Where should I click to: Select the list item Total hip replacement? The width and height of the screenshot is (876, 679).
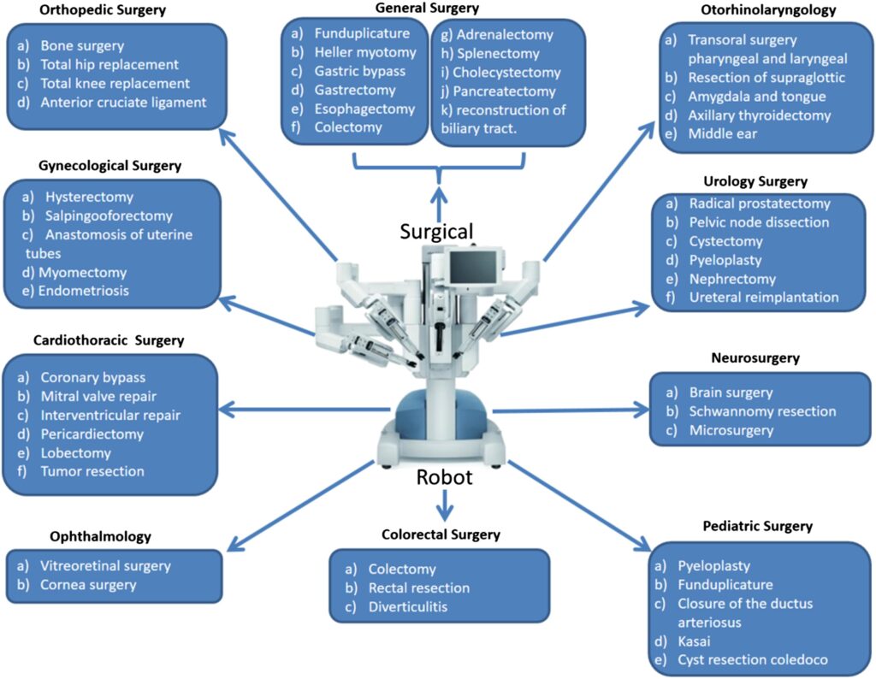[109, 65]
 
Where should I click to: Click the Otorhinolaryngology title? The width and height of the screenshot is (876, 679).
[767, 11]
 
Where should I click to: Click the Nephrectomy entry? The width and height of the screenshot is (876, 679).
[732, 279]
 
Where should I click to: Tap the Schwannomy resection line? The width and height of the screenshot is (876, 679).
[762, 411]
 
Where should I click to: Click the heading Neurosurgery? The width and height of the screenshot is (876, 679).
[755, 357]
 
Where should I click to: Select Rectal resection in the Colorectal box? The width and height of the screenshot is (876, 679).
[419, 588]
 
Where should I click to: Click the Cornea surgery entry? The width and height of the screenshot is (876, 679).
[88, 585]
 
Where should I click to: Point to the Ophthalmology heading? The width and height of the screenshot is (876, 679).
[100, 537]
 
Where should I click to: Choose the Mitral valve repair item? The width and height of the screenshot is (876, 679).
[98, 396]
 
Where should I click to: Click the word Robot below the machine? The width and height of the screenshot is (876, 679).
[444, 477]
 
